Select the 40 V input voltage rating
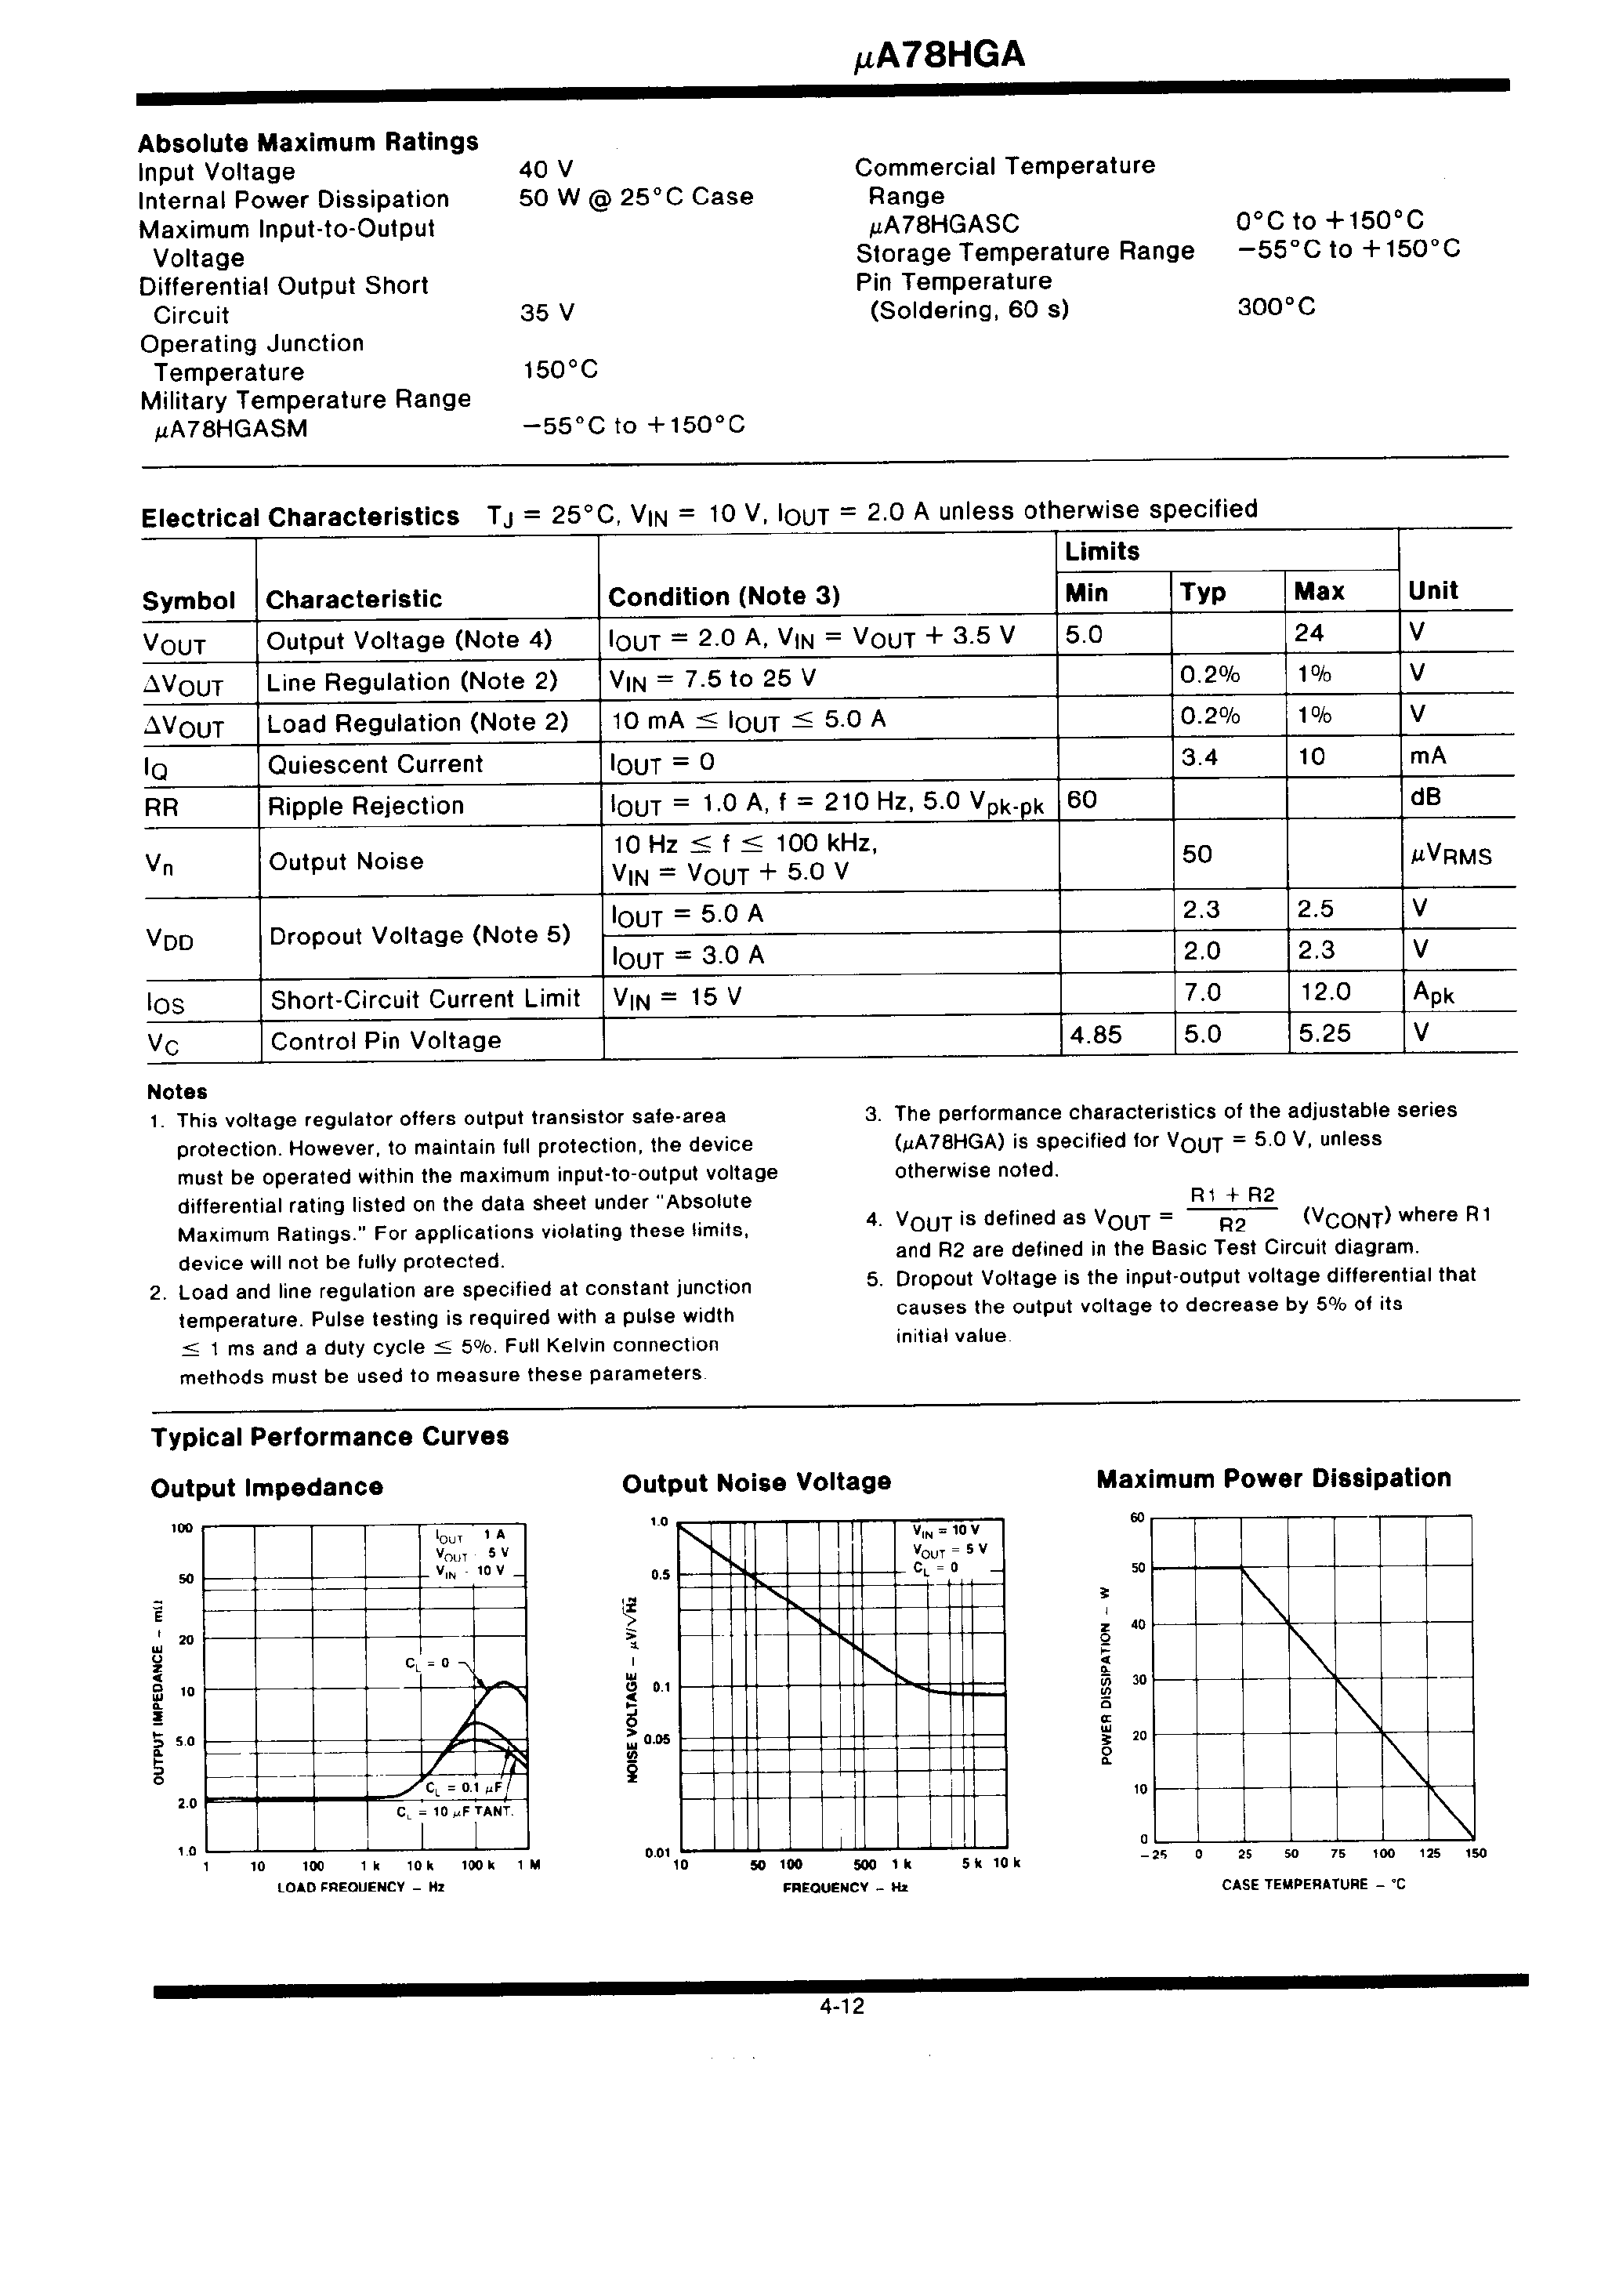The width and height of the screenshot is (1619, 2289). tap(545, 169)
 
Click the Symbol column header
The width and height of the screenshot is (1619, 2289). tap(188, 601)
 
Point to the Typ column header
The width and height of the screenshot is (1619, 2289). tap(1202, 592)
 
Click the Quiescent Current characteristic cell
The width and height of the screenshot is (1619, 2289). tap(375, 764)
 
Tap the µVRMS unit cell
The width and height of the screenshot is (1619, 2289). tap(1451, 855)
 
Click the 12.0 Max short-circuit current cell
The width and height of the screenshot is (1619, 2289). tap(1325, 992)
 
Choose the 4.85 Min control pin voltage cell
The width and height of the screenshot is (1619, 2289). tap(1096, 1034)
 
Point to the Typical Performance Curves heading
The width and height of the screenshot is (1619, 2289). tap(329, 1437)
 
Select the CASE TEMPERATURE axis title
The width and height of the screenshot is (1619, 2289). tap(1313, 1885)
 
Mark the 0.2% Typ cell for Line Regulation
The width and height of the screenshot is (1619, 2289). tap(1209, 675)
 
